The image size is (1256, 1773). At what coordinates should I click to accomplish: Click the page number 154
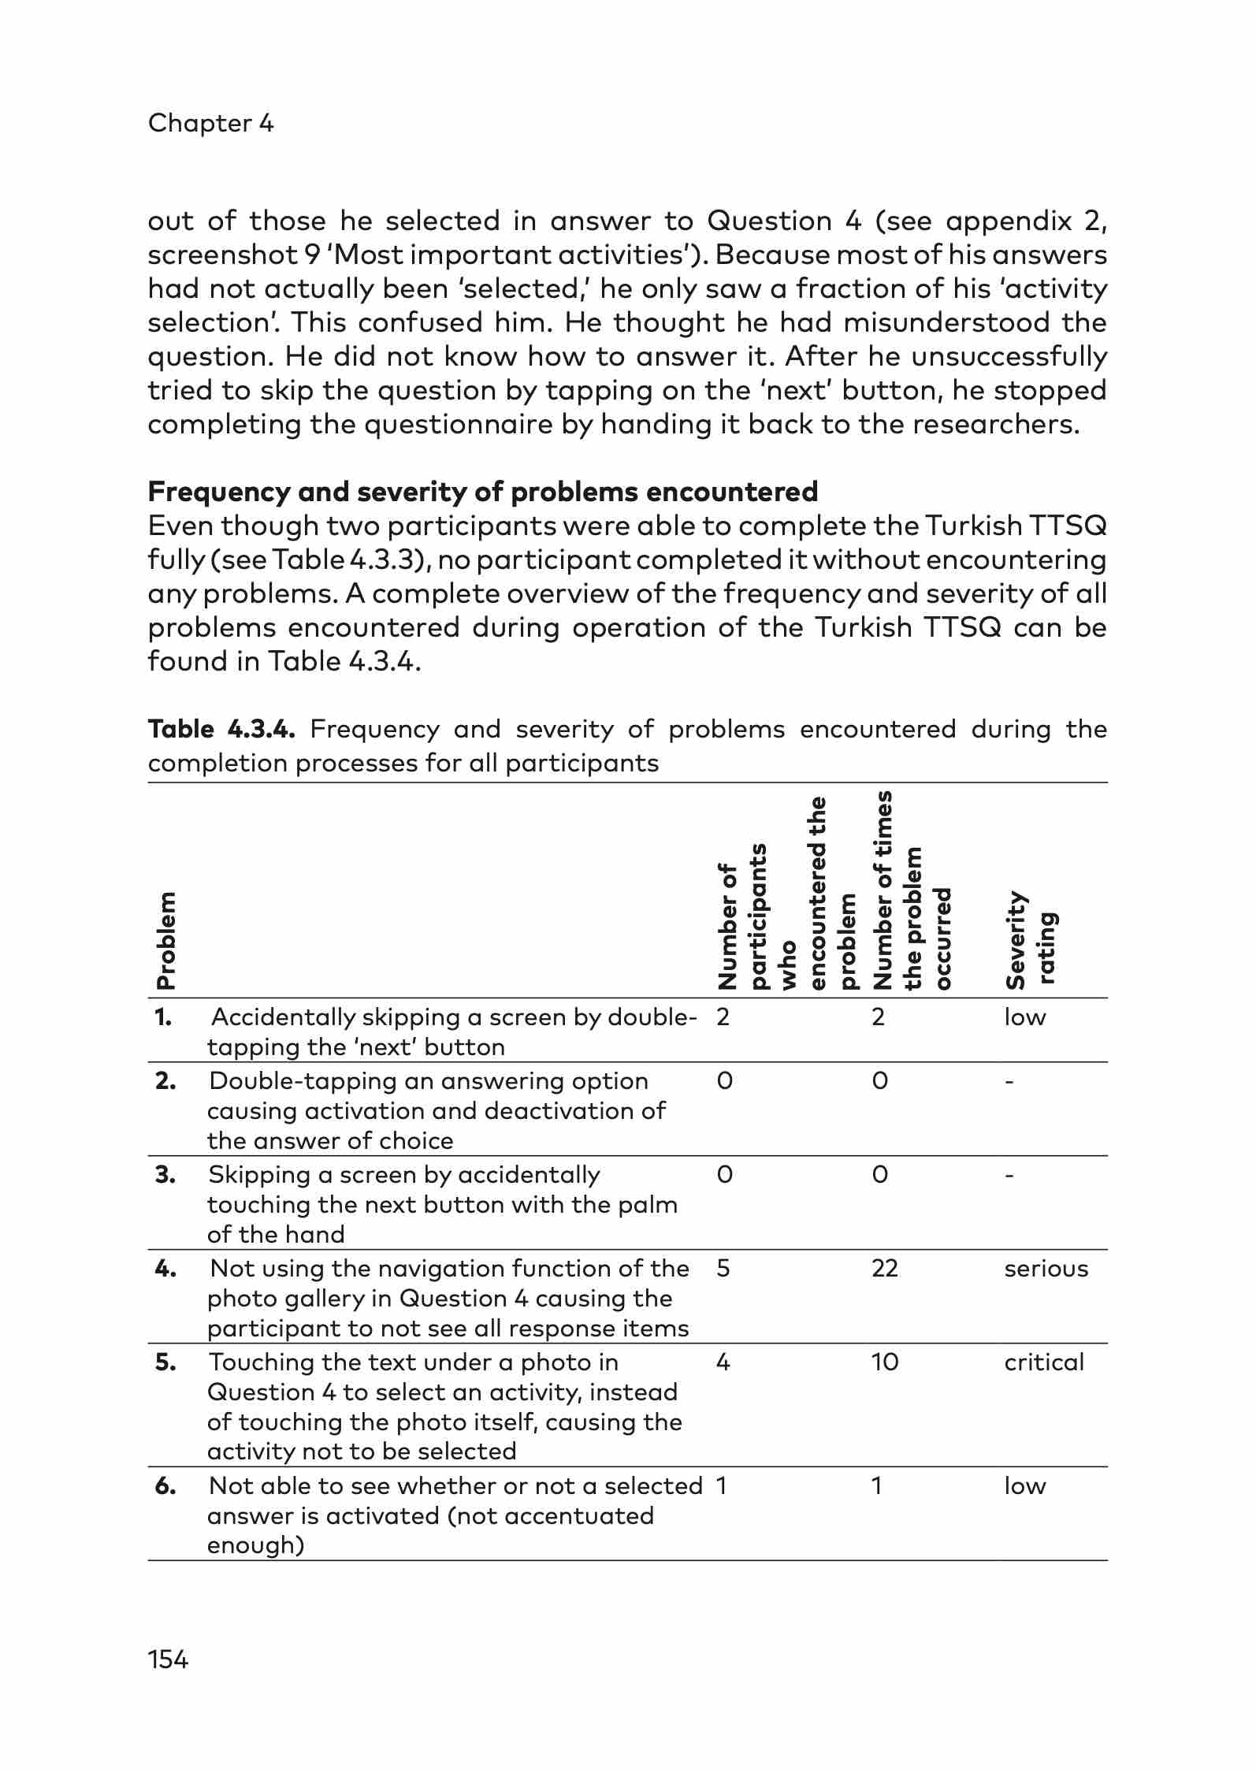coord(168,1660)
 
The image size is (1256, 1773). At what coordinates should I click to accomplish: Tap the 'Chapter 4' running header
coord(210,123)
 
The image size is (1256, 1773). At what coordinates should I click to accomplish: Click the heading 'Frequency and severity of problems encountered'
coord(482,492)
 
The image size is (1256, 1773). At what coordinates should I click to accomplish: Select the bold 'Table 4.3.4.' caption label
coord(221,729)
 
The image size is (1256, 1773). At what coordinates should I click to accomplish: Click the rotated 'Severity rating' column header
coord(1031,939)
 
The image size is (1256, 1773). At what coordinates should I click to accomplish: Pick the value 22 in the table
coord(884,1269)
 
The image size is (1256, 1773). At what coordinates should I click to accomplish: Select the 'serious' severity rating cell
coord(1046,1269)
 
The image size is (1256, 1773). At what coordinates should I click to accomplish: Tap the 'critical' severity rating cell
coord(1043,1362)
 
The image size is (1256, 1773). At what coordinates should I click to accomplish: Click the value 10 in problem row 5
coord(884,1362)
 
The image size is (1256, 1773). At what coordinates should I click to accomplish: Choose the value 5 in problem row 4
coord(723,1269)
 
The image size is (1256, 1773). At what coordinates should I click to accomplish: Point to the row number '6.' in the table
coord(165,1486)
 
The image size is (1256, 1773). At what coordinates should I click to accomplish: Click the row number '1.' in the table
coord(163,1017)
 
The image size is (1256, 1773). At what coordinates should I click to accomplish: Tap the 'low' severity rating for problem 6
coord(1024,1486)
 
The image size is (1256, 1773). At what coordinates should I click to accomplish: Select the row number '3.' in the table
coord(165,1175)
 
